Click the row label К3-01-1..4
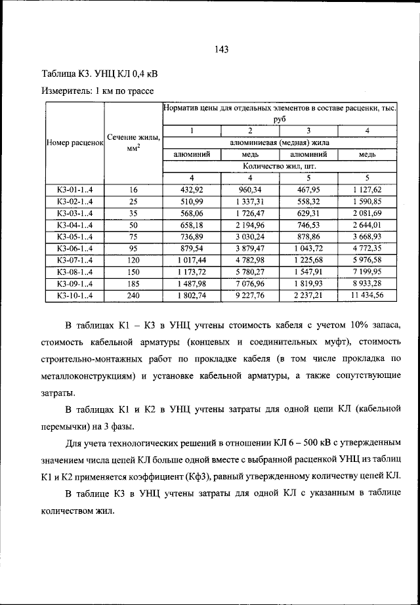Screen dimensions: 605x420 (75, 190)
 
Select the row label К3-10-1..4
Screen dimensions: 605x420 (75, 295)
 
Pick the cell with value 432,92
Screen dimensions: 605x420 (192, 190)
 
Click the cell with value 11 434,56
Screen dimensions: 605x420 (367, 295)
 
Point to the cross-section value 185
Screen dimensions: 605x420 (133, 283)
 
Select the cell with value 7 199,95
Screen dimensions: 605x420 (367, 272)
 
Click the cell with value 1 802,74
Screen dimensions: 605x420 (192, 295)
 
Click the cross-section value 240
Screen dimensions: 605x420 (133, 295)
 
